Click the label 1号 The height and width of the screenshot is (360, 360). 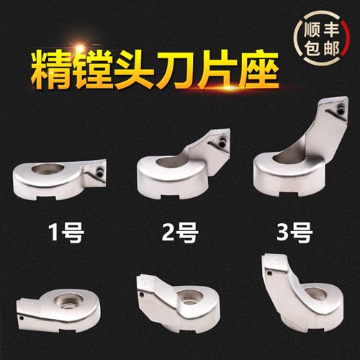66,232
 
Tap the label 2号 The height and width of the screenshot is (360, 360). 180,232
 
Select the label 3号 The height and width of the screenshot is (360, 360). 294,232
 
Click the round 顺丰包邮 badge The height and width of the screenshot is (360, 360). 322,38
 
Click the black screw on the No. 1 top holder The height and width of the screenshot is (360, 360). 99,172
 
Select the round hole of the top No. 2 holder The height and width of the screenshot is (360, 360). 171,161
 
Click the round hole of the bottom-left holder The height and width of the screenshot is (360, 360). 68,302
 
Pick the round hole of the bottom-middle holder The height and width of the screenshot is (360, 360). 189,297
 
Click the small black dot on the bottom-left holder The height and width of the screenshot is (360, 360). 22,318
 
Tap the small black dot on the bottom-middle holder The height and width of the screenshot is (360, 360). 142,294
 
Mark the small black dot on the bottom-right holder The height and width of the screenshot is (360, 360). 270,273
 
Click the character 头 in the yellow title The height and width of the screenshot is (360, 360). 135,70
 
